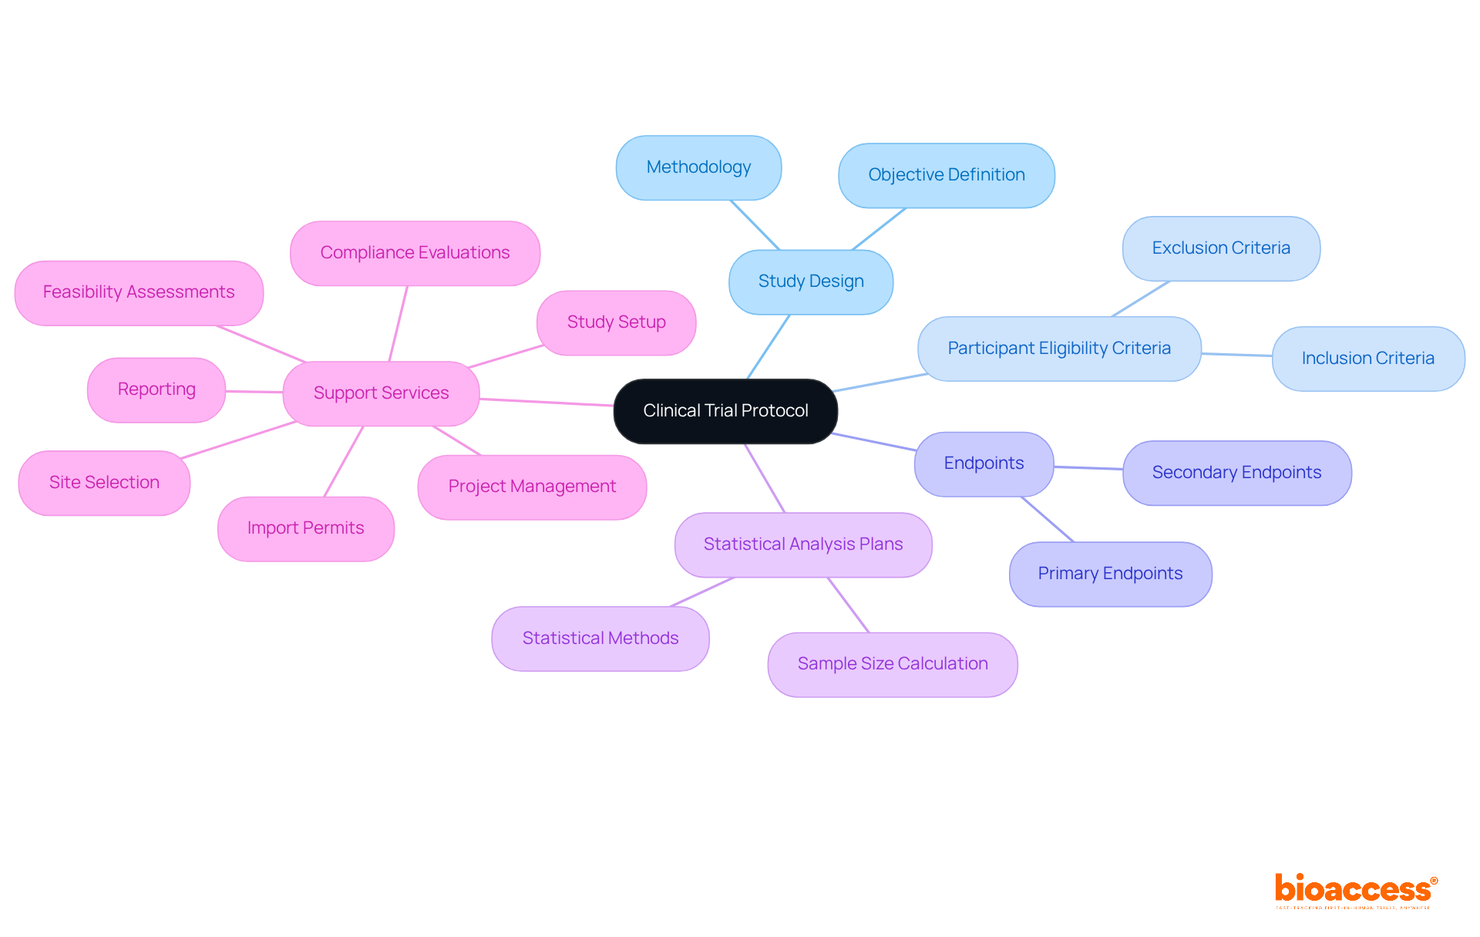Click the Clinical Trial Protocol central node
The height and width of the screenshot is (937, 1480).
(x=725, y=411)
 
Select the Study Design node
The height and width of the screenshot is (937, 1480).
(x=811, y=281)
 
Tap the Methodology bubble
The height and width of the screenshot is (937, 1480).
(x=698, y=167)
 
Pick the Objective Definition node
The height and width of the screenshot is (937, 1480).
(x=946, y=175)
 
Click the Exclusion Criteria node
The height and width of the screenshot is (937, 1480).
(x=1221, y=248)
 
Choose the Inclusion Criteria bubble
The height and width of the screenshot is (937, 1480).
(x=1367, y=359)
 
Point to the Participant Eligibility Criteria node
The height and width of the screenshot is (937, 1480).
(x=1059, y=349)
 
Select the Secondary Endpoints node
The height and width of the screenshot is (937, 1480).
(x=1236, y=473)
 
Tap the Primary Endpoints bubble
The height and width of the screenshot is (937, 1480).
(x=1110, y=574)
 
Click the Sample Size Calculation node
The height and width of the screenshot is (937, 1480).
(x=893, y=664)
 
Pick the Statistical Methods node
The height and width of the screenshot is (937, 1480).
(x=600, y=639)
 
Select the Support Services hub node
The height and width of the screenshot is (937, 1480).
(x=381, y=393)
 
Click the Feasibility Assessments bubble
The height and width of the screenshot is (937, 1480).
(x=139, y=292)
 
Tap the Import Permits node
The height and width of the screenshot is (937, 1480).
(x=305, y=528)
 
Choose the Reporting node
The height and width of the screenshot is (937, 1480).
(x=156, y=389)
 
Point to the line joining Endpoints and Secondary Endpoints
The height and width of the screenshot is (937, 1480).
(x=1088, y=467)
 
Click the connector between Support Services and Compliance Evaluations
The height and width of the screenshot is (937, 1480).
(x=399, y=324)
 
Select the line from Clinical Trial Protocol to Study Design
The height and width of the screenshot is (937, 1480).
(x=769, y=347)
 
